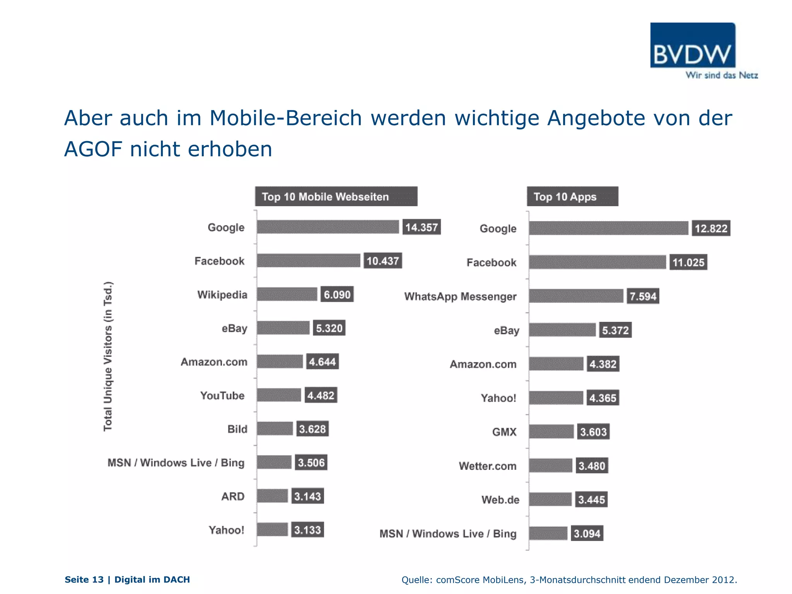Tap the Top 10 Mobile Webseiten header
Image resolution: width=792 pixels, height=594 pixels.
336,196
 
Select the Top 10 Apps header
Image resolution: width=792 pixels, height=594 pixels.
572,196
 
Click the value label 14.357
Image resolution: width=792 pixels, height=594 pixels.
421,227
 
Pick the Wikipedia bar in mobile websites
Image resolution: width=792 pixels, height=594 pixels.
287,294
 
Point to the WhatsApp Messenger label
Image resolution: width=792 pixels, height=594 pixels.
460,297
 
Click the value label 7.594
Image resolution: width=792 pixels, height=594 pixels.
643,297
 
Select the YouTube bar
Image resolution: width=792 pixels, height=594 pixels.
279,395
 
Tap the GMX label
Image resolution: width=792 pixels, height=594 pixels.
504,432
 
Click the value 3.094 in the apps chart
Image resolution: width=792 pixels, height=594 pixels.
587,534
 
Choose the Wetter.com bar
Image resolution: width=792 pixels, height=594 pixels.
550,466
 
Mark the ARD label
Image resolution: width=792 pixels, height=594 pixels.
233,496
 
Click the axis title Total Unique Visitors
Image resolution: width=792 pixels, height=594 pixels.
108,356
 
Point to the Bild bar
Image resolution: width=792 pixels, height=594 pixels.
275,429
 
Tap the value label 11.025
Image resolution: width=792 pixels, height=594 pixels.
688,263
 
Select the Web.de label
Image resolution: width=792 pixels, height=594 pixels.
500,500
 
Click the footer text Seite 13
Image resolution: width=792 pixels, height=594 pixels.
84,579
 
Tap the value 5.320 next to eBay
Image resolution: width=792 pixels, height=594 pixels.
329,328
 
